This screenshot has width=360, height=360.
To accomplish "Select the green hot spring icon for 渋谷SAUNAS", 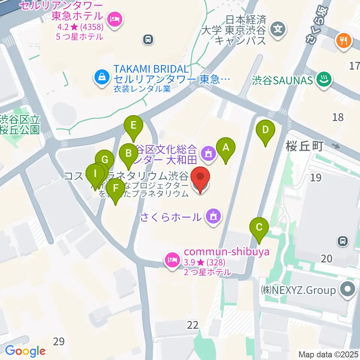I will (322, 79).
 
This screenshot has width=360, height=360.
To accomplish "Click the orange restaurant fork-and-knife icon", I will (344, 39).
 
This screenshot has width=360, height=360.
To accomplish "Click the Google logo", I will (25, 351).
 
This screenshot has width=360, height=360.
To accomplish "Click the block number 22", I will (193, 324).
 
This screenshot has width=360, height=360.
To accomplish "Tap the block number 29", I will (59, 341).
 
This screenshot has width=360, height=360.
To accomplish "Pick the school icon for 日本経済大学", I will (278, 28).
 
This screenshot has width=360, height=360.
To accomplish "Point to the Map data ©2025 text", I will (328, 354).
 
